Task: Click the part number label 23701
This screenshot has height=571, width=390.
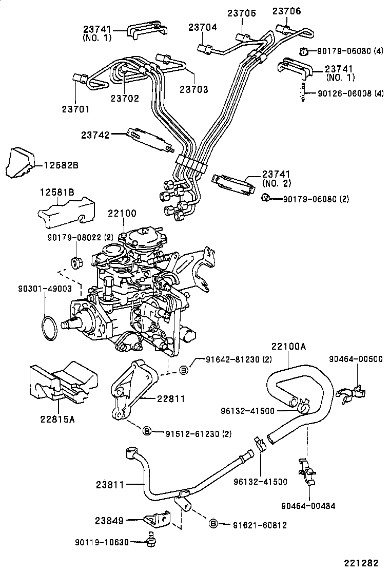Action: (x=75, y=109)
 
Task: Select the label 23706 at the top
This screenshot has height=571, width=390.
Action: (x=286, y=11)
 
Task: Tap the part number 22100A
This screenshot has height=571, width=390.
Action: (x=289, y=347)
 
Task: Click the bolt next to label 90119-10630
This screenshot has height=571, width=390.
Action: (x=151, y=541)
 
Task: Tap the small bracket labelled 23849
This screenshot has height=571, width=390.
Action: (x=156, y=520)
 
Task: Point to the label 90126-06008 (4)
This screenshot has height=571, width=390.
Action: (x=350, y=93)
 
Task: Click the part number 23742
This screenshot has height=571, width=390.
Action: (x=95, y=135)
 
